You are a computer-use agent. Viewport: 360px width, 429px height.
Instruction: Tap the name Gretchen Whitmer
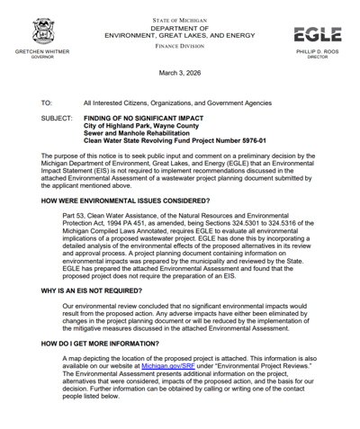(x=42, y=52)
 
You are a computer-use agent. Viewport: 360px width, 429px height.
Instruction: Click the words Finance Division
(x=179, y=43)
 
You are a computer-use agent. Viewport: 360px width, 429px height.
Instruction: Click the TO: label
(x=47, y=103)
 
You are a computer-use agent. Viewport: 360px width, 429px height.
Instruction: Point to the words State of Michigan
(x=179, y=18)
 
